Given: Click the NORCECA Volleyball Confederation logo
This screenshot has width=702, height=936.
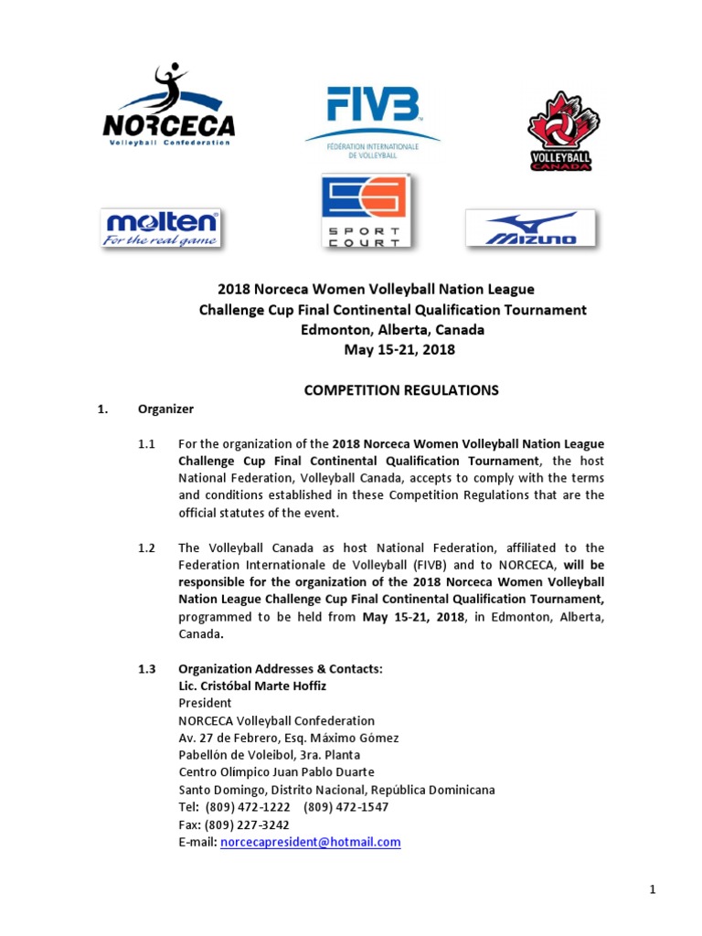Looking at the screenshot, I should (169, 108).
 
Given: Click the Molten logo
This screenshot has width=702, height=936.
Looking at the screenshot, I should (162, 229).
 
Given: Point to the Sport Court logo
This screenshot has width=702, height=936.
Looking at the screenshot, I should (364, 211).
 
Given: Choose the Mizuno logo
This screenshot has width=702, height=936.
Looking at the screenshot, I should (531, 229).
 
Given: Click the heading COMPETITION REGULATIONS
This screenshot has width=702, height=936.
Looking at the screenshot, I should (400, 390).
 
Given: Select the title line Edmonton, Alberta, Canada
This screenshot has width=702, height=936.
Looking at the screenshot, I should (393, 330).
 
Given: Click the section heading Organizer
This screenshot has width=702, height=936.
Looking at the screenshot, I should (165, 409).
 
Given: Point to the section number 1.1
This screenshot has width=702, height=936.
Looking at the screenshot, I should (147, 444).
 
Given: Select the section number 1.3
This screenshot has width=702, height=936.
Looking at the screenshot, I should (147, 669).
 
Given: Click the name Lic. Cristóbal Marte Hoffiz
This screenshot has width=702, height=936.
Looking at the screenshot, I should (251, 686).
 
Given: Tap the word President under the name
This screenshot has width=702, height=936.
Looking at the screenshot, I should (205, 704).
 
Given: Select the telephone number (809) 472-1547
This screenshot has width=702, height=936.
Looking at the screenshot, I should (346, 807).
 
